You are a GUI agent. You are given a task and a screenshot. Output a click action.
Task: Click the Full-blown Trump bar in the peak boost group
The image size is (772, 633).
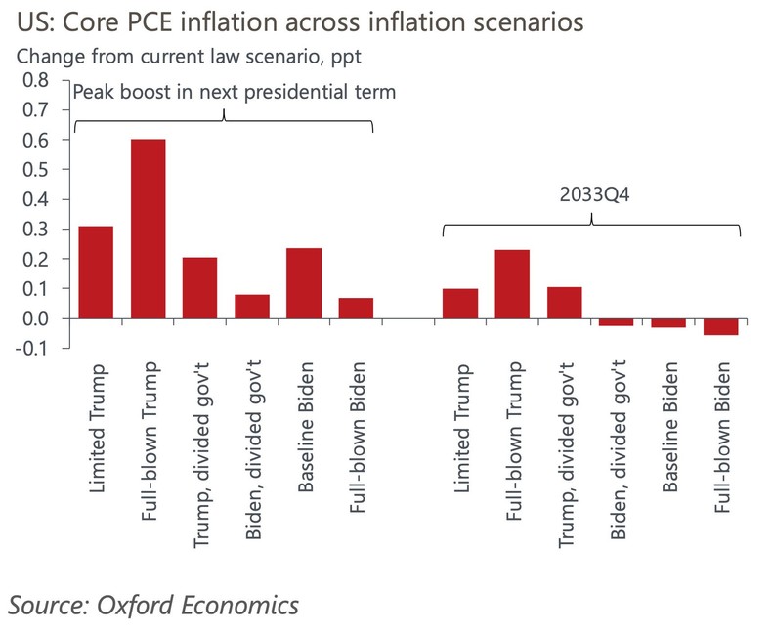[x=148, y=230]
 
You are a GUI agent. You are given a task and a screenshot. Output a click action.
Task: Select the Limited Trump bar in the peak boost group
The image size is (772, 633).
[x=96, y=273]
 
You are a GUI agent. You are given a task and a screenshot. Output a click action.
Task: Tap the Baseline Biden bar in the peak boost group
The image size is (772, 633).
[x=304, y=283]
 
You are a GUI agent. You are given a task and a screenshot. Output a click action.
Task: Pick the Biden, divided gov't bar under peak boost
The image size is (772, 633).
[x=252, y=307]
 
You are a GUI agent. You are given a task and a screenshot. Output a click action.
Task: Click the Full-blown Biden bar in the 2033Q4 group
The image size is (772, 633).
[x=721, y=327]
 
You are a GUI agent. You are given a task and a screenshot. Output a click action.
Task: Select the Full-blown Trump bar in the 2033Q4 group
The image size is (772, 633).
[x=512, y=284]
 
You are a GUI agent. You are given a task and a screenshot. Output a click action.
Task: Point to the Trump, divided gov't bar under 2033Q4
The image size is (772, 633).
[x=565, y=303]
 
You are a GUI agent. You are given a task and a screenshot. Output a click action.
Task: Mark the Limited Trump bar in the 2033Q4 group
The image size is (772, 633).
[x=460, y=304]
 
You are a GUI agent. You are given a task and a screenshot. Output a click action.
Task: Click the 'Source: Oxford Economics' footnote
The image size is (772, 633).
[x=152, y=605]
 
